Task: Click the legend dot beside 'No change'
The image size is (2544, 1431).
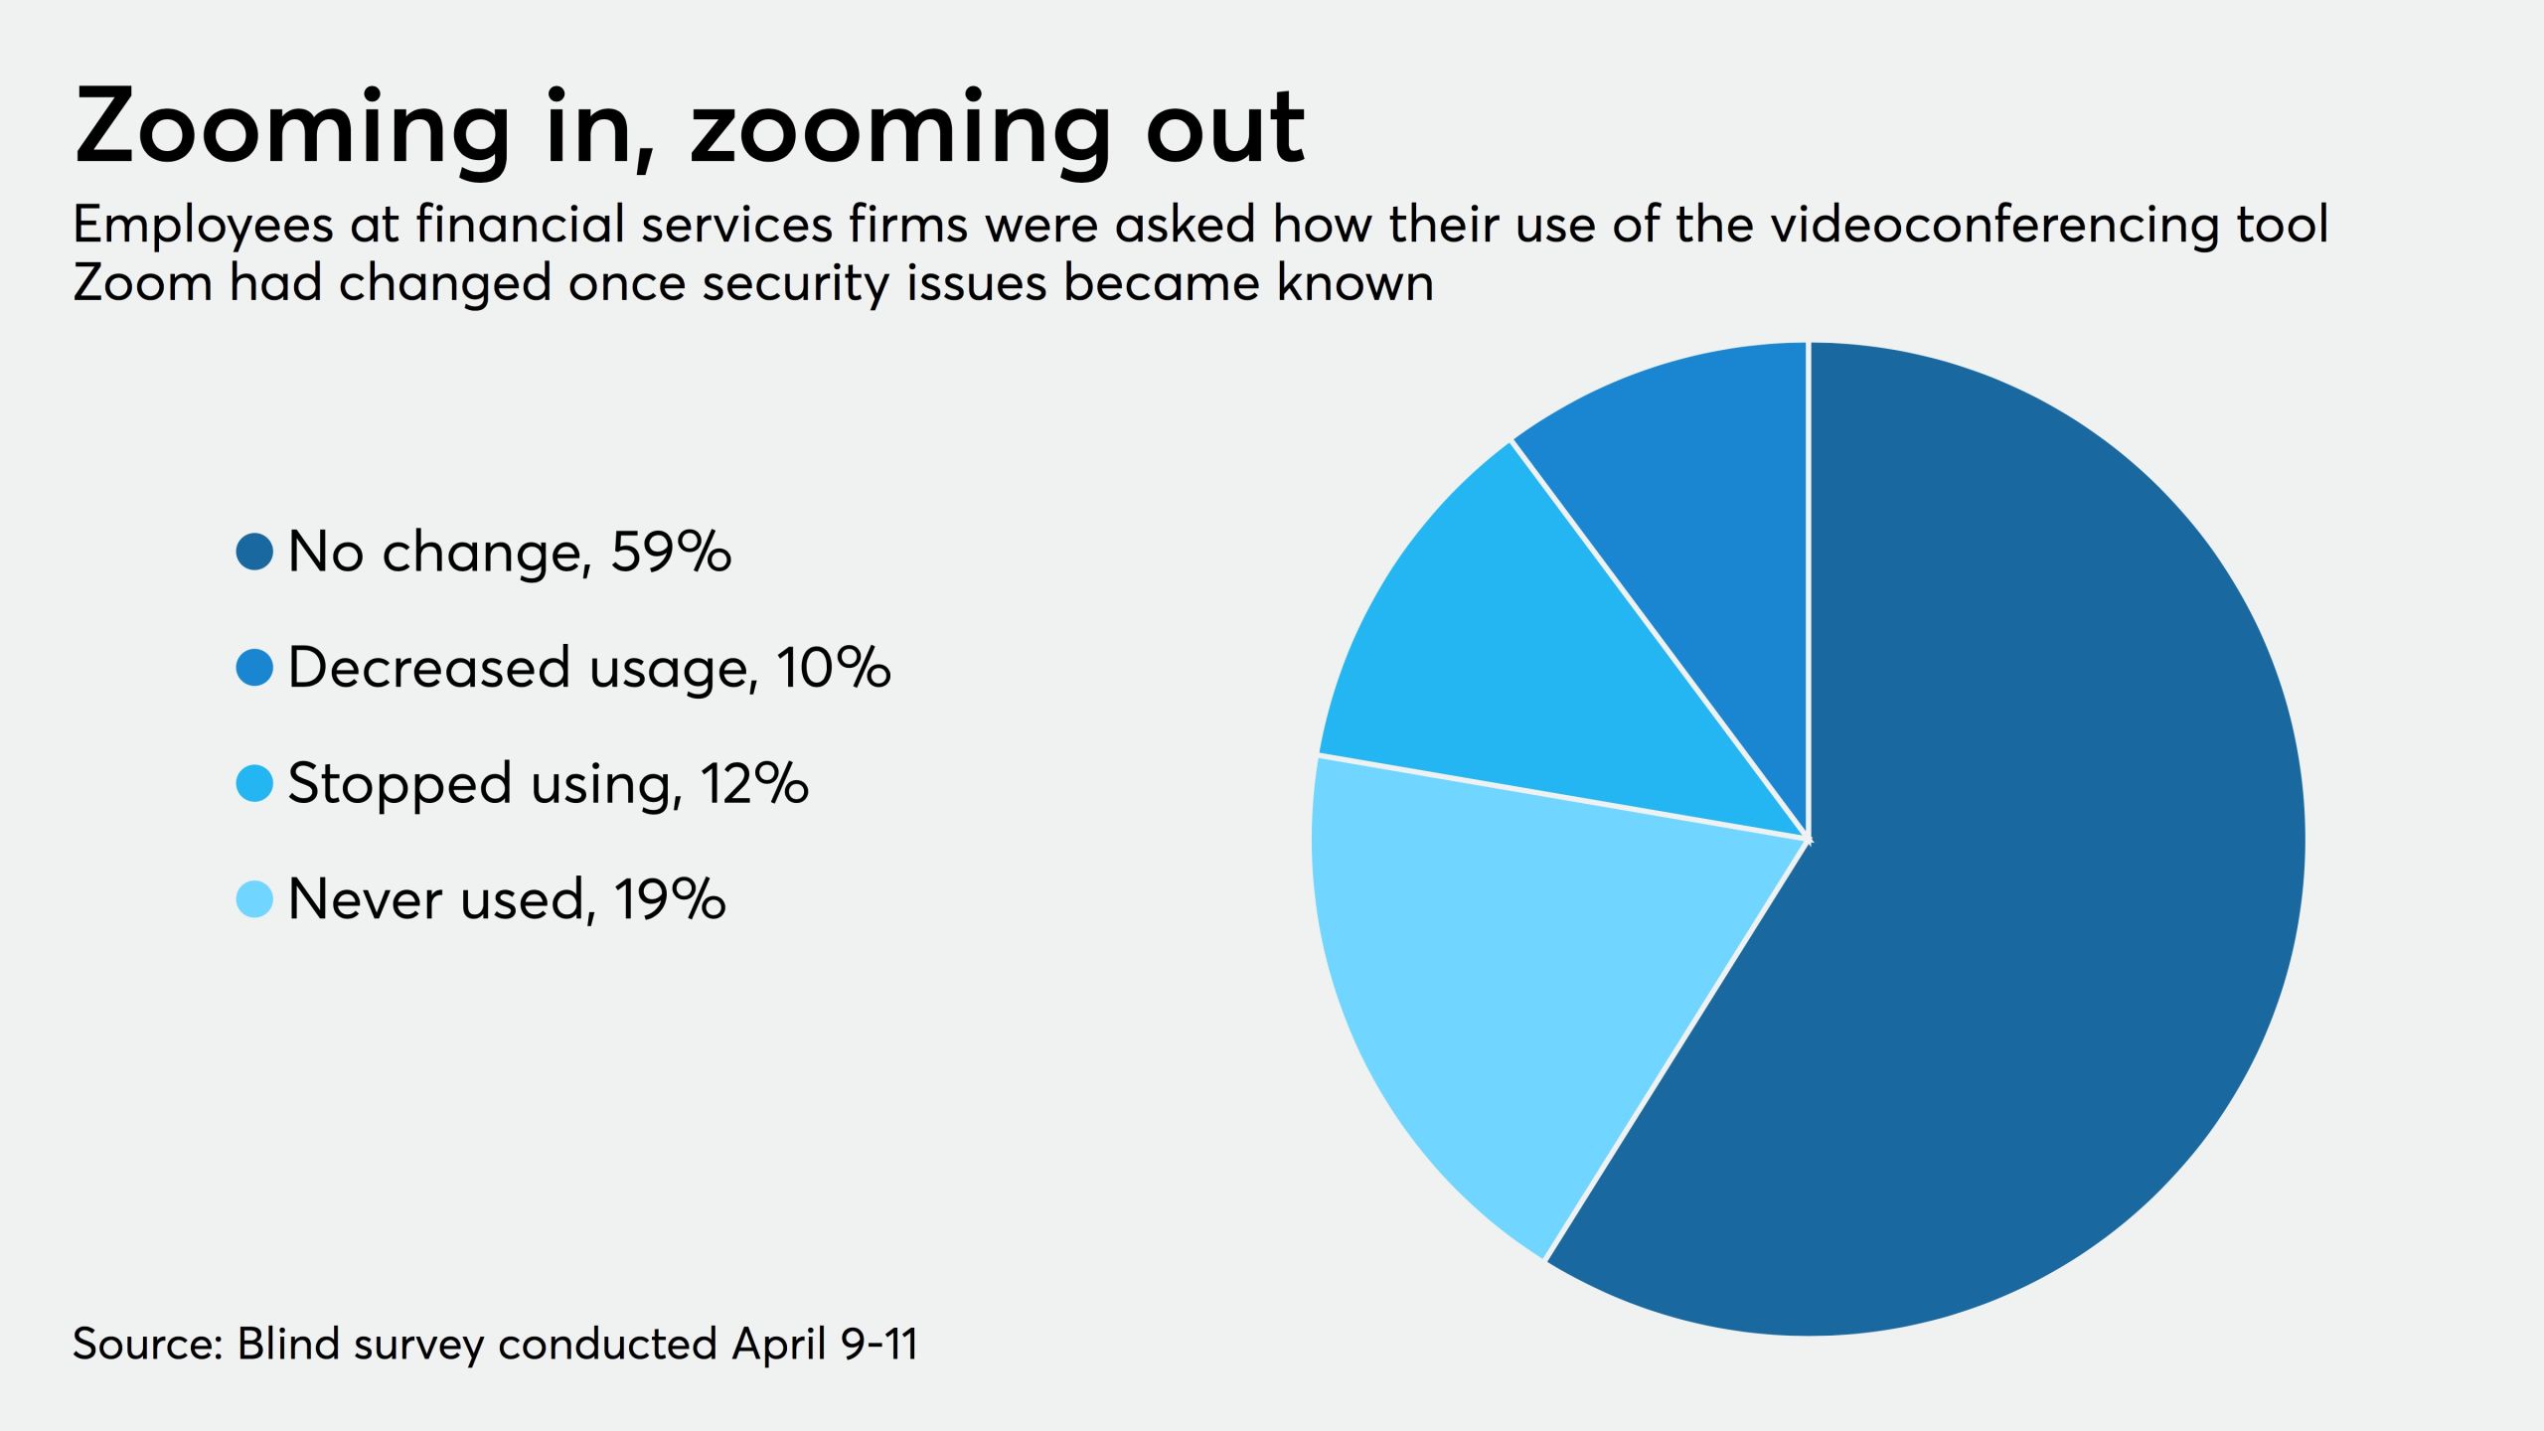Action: click(x=254, y=552)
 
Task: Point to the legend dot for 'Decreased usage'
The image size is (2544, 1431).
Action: click(x=254, y=667)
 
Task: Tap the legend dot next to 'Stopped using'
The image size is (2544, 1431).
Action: click(x=254, y=783)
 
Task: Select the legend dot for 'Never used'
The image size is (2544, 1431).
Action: click(x=254, y=899)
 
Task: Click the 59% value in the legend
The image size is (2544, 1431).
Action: click(x=671, y=552)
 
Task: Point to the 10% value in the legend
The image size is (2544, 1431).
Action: click(x=834, y=667)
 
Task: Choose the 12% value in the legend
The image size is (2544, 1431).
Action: click(x=754, y=783)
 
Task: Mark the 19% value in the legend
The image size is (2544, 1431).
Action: click(x=670, y=899)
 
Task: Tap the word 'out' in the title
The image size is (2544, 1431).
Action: click(x=1224, y=129)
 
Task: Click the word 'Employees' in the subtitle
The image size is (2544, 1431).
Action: click(x=203, y=227)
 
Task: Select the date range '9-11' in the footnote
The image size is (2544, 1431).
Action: click(x=878, y=1345)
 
